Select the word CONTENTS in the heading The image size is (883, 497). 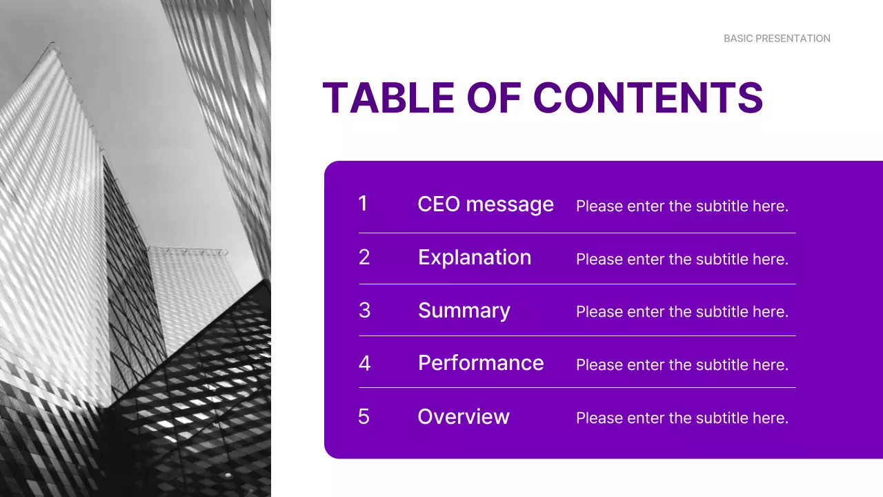click(648, 98)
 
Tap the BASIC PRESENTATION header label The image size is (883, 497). click(777, 39)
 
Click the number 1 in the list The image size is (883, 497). click(363, 204)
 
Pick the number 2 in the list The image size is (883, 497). click(364, 257)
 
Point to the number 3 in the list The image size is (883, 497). click(364, 311)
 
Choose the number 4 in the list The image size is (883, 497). click(364, 363)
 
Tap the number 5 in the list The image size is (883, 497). click(364, 417)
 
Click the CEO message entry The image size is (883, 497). click(486, 204)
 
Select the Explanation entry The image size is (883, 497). click(475, 257)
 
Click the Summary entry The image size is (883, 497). click(464, 311)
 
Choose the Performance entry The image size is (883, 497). click(481, 363)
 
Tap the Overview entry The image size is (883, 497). click(464, 417)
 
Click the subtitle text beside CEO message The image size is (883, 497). click(682, 206)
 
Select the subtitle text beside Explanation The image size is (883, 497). click(682, 259)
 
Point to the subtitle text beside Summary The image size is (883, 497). click(682, 312)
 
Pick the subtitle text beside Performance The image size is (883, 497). click(682, 364)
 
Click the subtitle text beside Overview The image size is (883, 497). click(682, 418)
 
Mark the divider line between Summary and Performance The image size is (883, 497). click(577, 336)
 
